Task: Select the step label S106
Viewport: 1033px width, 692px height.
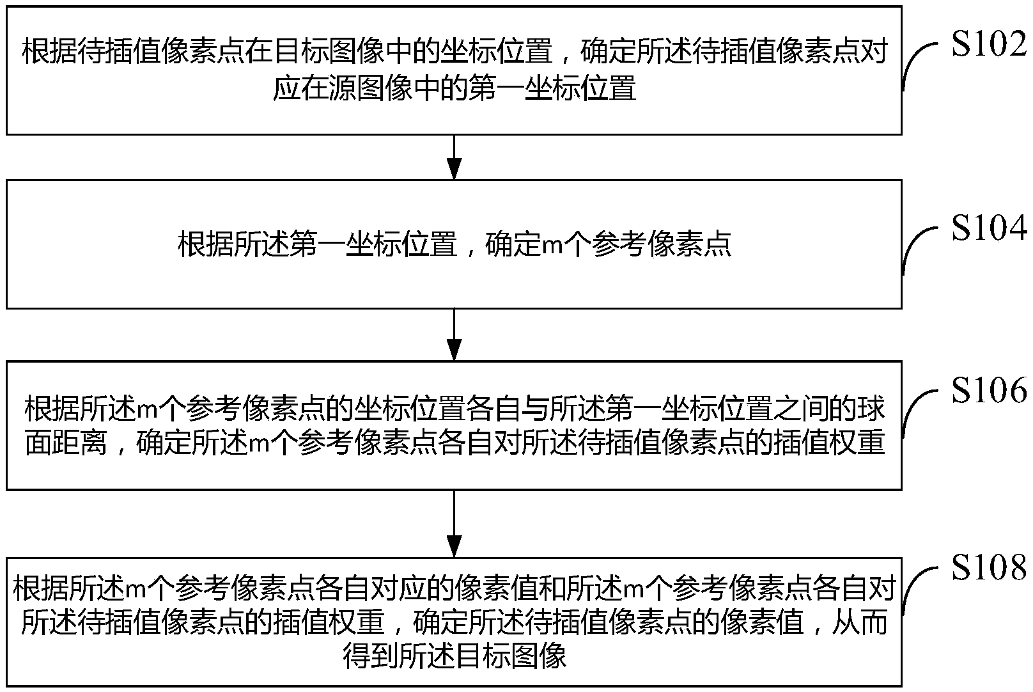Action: tap(988, 390)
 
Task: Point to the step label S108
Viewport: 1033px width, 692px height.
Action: tap(988, 567)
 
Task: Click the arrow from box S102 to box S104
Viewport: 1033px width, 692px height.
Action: tap(454, 157)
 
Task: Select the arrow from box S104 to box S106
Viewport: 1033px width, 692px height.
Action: tap(454, 334)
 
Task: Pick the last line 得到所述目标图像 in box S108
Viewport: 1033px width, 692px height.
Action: tap(454, 656)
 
